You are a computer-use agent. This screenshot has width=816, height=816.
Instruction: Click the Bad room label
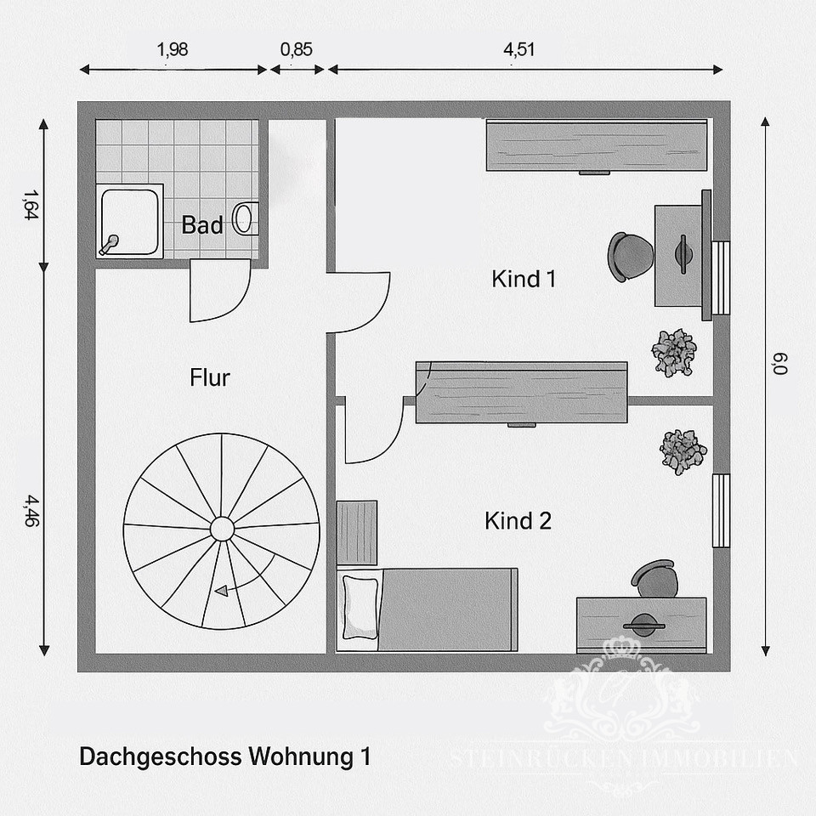click(202, 225)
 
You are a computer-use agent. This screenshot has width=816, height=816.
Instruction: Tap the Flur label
click(210, 377)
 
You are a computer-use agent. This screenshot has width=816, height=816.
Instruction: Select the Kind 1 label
click(524, 279)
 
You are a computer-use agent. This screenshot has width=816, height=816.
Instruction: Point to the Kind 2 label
click(518, 521)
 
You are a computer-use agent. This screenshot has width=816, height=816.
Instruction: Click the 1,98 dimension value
click(173, 49)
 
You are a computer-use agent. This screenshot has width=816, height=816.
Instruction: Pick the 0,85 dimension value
click(296, 49)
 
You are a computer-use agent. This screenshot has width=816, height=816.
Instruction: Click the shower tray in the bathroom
click(130, 221)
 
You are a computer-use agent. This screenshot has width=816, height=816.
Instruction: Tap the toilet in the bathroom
click(245, 218)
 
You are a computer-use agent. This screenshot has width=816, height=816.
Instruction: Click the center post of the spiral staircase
click(222, 529)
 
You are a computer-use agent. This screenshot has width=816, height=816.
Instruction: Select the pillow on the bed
click(359, 606)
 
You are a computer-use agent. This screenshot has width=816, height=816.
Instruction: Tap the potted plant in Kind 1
click(674, 352)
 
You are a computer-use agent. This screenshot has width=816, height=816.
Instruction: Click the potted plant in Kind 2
click(683, 450)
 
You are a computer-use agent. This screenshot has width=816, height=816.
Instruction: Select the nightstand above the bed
click(357, 532)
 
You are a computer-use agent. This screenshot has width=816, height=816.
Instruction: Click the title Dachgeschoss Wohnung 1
click(224, 756)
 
